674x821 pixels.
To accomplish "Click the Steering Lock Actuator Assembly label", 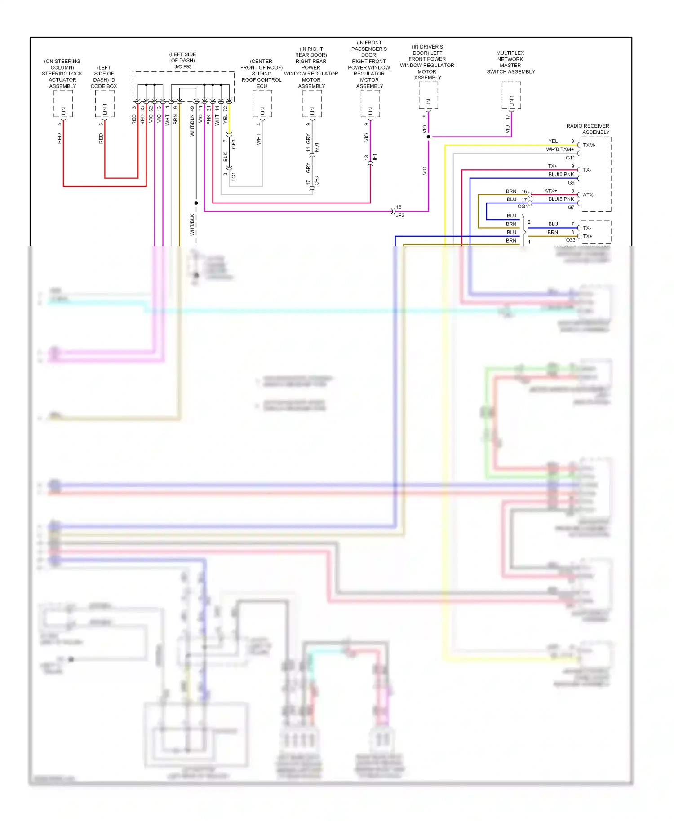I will click(62, 74).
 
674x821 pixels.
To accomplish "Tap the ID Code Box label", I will click(104, 77).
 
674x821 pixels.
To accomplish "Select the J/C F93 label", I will click(183, 61).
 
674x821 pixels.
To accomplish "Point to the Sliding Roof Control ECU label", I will click(262, 74).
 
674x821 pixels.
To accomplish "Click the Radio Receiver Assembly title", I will click(588, 129).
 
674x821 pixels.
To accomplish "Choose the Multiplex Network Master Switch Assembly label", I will click(510, 62).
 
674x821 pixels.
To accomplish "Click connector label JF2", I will click(400, 216).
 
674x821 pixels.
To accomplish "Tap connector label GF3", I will click(234, 144).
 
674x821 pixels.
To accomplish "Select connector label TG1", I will click(234, 177).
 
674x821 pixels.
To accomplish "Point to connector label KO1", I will click(316, 147).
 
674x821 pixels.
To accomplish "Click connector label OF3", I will click(316, 181).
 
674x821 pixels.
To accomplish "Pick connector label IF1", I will click(375, 157).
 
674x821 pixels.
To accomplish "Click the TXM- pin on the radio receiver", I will click(589, 145).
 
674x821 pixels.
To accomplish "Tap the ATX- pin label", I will click(589, 195).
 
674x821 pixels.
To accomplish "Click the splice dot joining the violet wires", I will click(428, 137).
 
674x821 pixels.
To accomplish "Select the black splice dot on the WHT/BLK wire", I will click(196, 203).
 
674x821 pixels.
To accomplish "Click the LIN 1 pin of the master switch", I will click(511, 102).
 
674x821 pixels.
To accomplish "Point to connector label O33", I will click(571, 240).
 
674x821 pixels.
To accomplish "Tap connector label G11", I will click(570, 158).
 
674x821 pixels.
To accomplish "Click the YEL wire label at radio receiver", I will click(553, 141).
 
